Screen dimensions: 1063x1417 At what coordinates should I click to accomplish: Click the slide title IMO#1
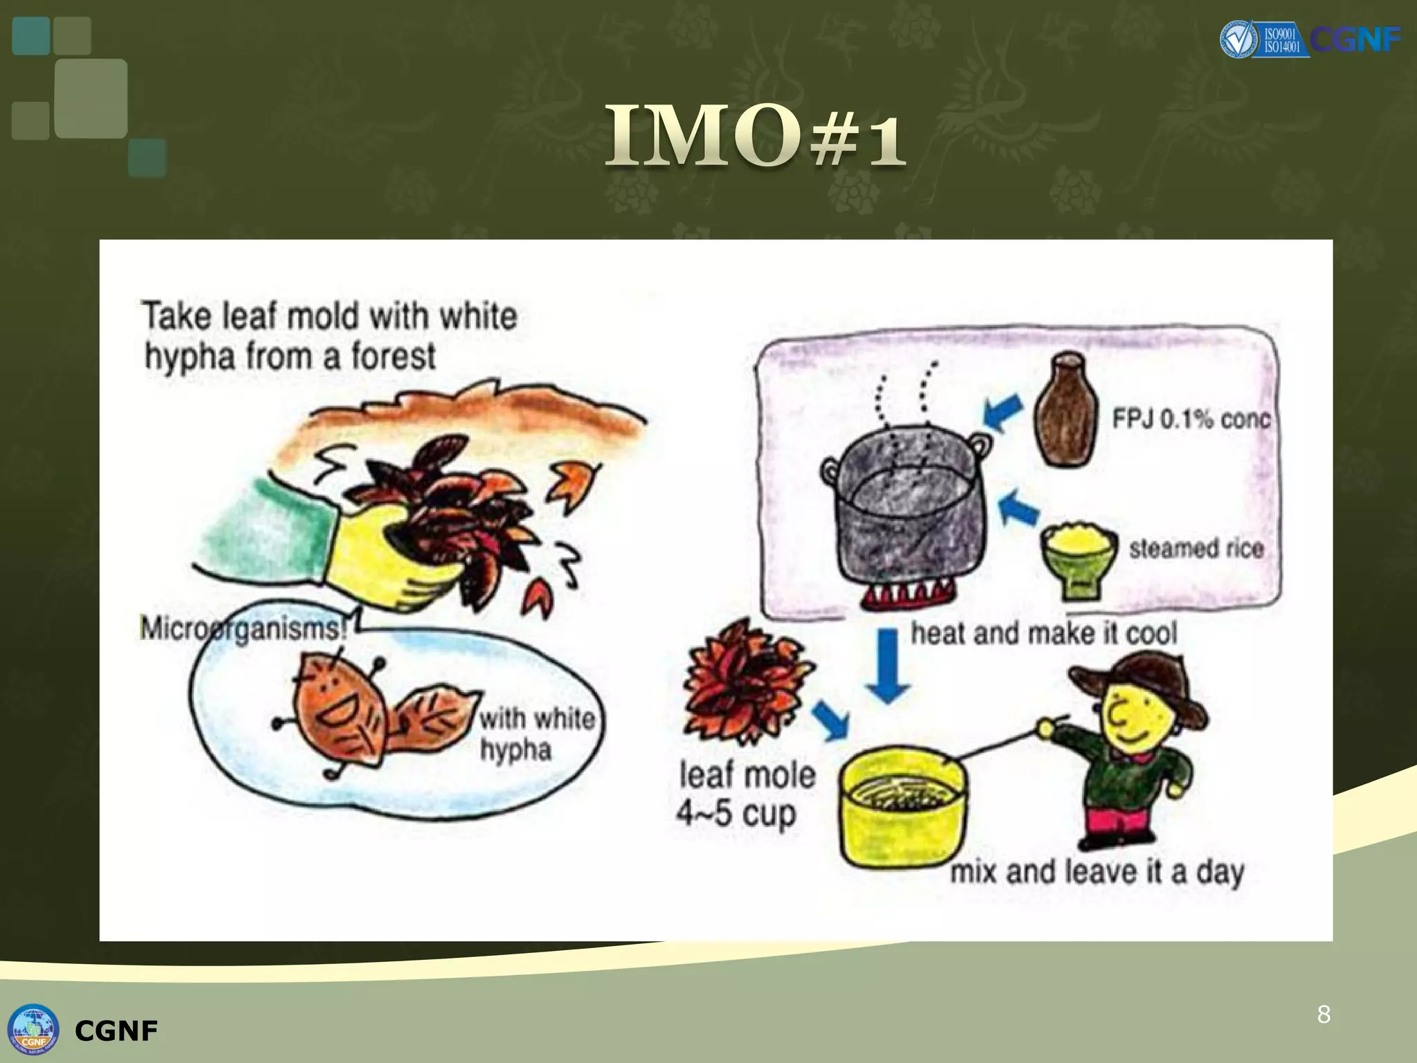pyautogui.click(x=755, y=136)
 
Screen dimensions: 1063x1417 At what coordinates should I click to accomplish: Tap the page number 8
pyautogui.click(x=1324, y=1015)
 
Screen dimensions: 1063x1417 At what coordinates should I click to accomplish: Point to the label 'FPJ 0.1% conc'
pyautogui.click(x=1191, y=419)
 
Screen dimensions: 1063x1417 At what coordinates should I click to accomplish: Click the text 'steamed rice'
pyautogui.click(x=1196, y=549)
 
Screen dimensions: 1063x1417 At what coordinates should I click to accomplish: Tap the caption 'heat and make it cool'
pyautogui.click(x=1043, y=633)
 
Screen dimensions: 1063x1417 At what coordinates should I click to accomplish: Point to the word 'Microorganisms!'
pyautogui.click(x=242, y=628)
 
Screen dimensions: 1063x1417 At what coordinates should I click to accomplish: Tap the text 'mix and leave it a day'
pyautogui.click(x=1097, y=872)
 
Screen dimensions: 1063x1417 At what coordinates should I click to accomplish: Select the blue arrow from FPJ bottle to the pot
pyautogui.click(x=1004, y=412)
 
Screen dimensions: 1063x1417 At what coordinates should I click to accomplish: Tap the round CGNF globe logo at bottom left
pyautogui.click(x=33, y=1030)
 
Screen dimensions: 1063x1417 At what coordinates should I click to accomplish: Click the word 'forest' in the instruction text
pyautogui.click(x=393, y=357)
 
